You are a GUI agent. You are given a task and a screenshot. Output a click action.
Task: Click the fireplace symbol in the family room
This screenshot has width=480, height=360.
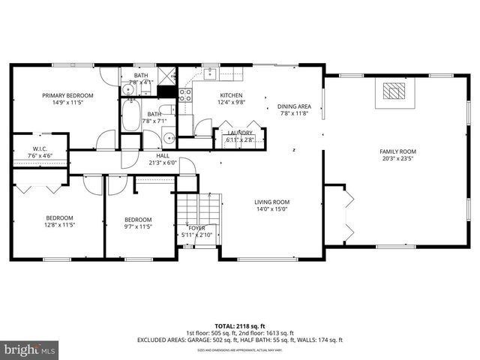(392, 91)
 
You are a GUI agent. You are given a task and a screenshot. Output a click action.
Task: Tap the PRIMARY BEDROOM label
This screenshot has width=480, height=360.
(67, 96)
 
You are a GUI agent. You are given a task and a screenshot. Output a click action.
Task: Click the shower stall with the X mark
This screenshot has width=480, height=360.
(166, 76)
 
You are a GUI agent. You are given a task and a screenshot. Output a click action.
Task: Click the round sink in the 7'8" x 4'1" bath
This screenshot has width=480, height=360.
(128, 89)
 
